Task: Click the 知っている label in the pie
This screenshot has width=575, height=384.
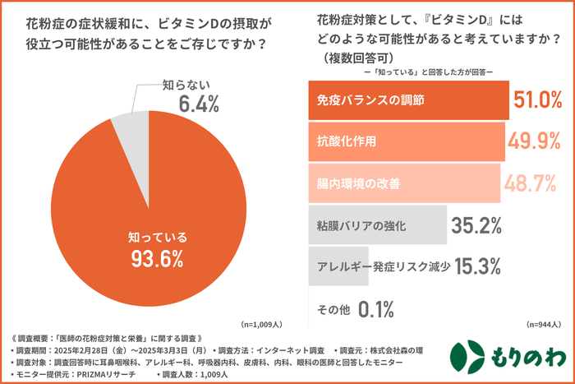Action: coord(158,237)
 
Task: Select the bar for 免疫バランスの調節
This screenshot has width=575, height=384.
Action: coord(407,100)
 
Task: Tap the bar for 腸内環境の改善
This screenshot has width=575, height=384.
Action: coord(403,183)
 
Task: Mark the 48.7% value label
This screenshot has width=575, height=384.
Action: coord(530,183)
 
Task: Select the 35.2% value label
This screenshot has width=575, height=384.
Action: coord(474,224)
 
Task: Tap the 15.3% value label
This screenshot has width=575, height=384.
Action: coord(474,266)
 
